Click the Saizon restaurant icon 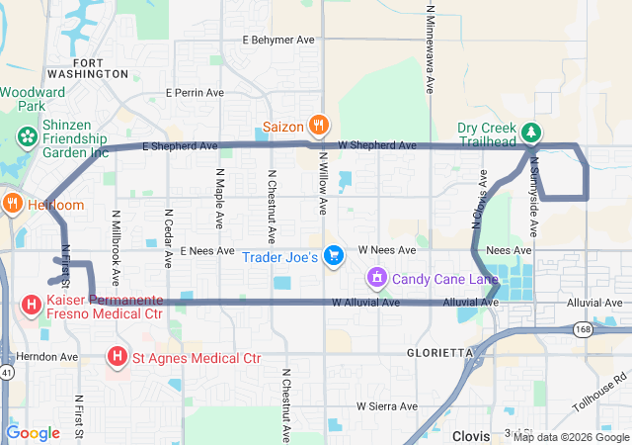(x=318, y=126)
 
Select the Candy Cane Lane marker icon (x=376, y=279)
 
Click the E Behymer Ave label (x=278, y=40)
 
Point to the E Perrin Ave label (x=196, y=92)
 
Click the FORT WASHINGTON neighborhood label (x=101, y=68)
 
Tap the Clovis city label (x=471, y=435)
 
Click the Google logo (x=34, y=432)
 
